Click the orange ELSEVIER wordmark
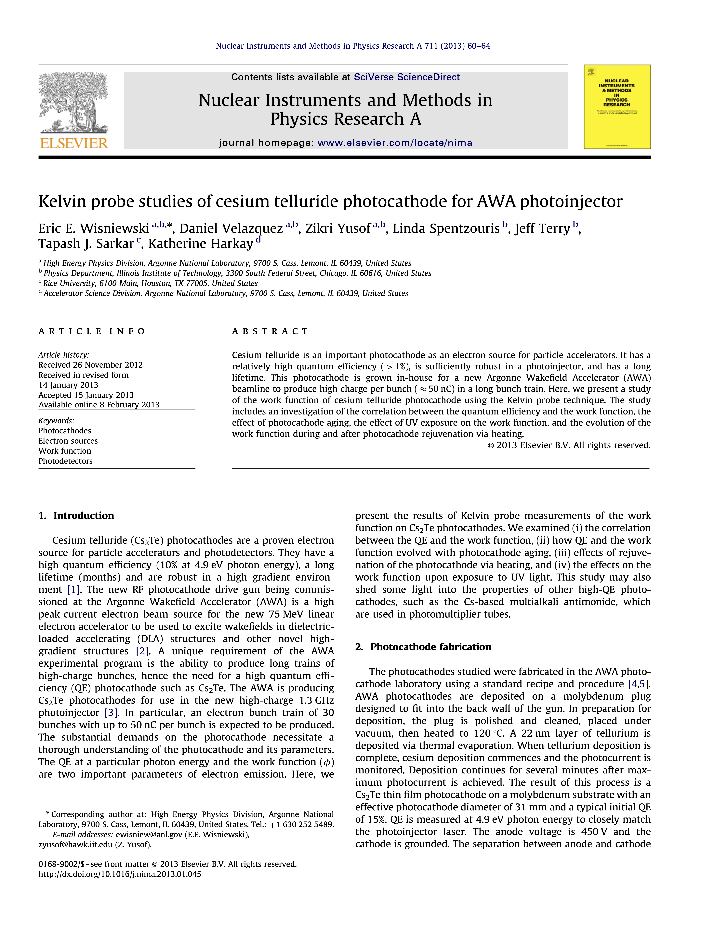coord(74,143)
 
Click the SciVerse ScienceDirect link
coord(406,77)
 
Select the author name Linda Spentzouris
coord(446,228)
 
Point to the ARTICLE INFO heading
coord(92,331)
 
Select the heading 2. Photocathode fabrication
coord(423,647)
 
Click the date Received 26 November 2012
coord(90,365)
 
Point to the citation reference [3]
coord(111,713)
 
